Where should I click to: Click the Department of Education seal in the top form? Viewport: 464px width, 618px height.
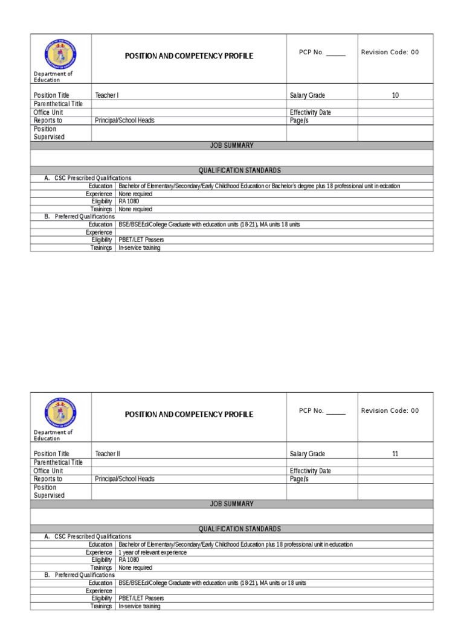(60, 54)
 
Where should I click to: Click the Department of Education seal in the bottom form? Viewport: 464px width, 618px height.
(60, 413)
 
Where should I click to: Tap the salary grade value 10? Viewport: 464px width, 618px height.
(395, 95)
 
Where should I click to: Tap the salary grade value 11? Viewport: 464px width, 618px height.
(395, 454)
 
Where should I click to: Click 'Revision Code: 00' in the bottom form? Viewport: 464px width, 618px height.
(390, 411)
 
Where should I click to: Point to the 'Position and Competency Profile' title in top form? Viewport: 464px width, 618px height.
(188, 56)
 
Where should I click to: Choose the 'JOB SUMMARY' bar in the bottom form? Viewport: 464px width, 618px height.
(231, 504)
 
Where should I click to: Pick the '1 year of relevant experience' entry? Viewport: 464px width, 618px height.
(152, 552)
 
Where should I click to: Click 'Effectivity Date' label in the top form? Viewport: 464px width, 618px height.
(311, 112)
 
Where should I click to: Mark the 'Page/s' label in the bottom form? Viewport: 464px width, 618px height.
(299, 479)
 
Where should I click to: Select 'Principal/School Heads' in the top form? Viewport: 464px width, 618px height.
(124, 121)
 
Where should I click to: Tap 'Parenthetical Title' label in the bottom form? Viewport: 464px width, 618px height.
(58, 462)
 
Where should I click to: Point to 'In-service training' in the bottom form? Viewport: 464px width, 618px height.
(140, 606)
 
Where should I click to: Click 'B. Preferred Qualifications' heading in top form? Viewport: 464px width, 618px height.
(79, 216)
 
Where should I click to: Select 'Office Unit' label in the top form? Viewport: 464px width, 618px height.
(48, 112)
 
